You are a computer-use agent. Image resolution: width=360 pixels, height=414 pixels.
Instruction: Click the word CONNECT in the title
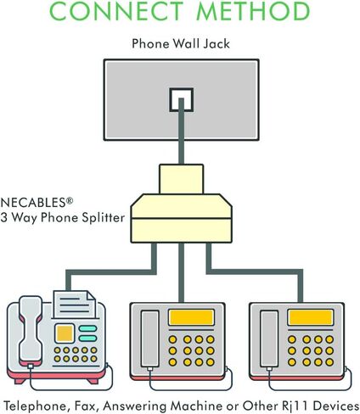pyautogui.click(x=116, y=10)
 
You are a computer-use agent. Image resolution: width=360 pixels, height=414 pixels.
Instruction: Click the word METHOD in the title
pyautogui.click(x=253, y=10)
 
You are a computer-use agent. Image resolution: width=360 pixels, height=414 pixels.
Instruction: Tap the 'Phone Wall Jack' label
pyautogui.click(x=181, y=44)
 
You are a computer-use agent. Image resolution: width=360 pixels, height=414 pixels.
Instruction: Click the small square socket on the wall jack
pyautogui.click(x=182, y=100)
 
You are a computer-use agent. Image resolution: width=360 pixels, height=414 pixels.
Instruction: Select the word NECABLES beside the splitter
pyautogui.click(x=33, y=203)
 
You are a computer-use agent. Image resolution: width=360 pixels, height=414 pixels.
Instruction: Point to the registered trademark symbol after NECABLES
pyautogui.click(x=70, y=200)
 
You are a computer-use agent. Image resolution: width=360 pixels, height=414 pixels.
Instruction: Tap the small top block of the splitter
pyautogui.click(x=181, y=179)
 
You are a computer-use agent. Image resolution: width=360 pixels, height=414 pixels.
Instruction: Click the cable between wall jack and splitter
pyautogui.click(x=182, y=131)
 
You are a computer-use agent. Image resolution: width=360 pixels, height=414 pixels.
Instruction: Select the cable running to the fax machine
pyautogui.click(x=111, y=271)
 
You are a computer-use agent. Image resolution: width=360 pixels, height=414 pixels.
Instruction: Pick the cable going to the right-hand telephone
pyautogui.click(x=255, y=271)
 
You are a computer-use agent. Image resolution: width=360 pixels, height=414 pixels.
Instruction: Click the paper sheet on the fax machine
pyautogui.click(x=75, y=305)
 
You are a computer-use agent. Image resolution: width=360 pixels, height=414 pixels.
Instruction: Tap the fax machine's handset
pyautogui.click(x=31, y=331)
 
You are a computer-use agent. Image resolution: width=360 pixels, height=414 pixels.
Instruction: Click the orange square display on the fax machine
pyautogui.click(x=65, y=333)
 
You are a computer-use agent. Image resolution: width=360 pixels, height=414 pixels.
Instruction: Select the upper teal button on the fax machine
pyautogui.click(x=87, y=328)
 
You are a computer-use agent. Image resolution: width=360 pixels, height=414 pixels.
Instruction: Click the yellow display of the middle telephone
pyautogui.click(x=191, y=317)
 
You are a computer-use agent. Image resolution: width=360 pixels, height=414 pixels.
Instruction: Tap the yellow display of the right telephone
pyautogui.click(x=311, y=317)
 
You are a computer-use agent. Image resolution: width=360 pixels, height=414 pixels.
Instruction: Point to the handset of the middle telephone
pyautogui.click(x=150, y=339)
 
